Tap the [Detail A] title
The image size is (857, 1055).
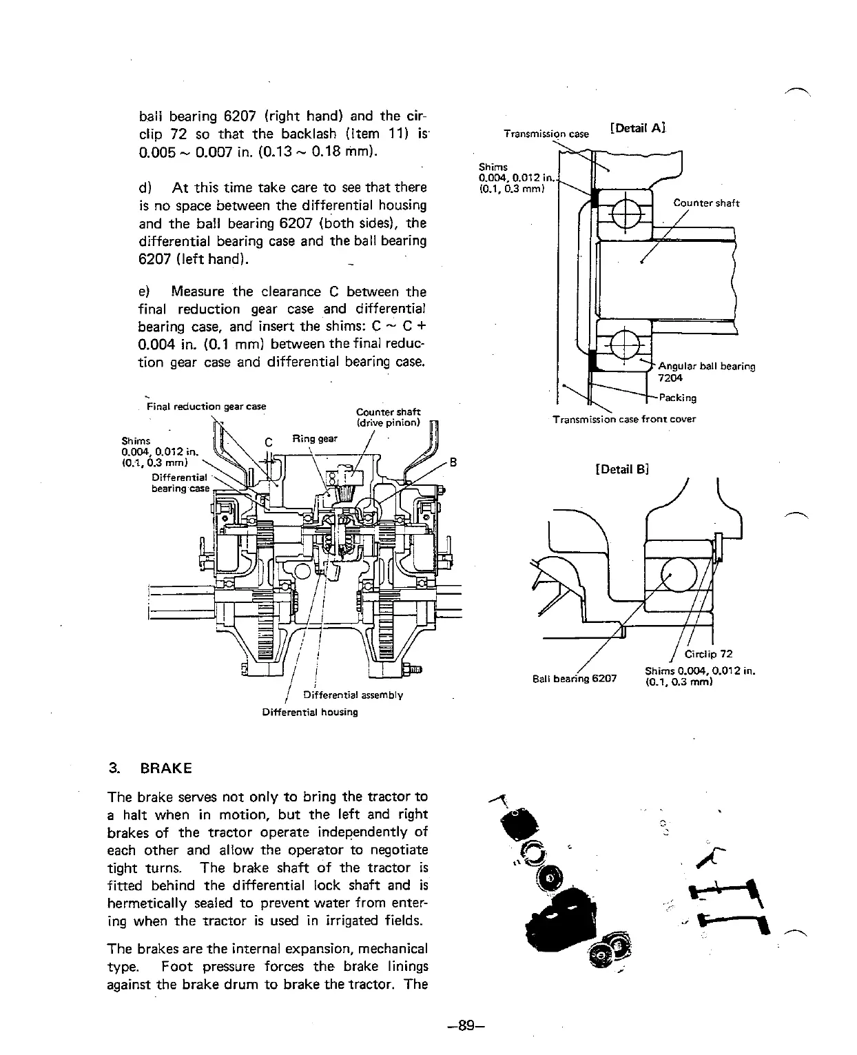[x=637, y=127]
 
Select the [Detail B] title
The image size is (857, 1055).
[x=622, y=469]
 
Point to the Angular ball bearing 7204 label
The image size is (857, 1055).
[x=706, y=371]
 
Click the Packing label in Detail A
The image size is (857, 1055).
[x=678, y=398]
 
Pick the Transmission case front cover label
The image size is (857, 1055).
[x=624, y=419]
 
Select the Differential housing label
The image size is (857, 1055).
[x=310, y=712]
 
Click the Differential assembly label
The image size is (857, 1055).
[x=353, y=695]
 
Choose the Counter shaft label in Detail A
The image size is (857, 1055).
[x=706, y=203]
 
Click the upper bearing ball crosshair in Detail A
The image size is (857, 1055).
[x=620, y=210]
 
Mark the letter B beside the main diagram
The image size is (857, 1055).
[x=453, y=462]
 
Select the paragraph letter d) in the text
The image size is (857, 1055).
[x=145, y=187]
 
